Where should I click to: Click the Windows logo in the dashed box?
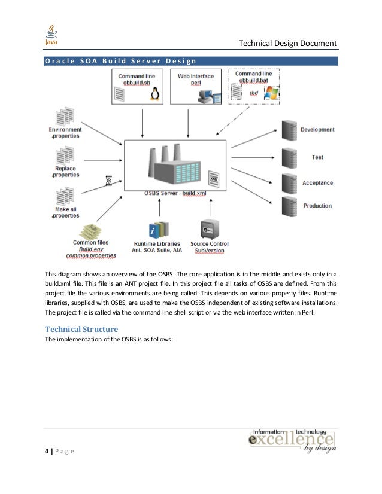pos(271,94)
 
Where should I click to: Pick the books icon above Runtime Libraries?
pos(158,230)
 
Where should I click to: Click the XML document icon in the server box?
pos(213,178)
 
